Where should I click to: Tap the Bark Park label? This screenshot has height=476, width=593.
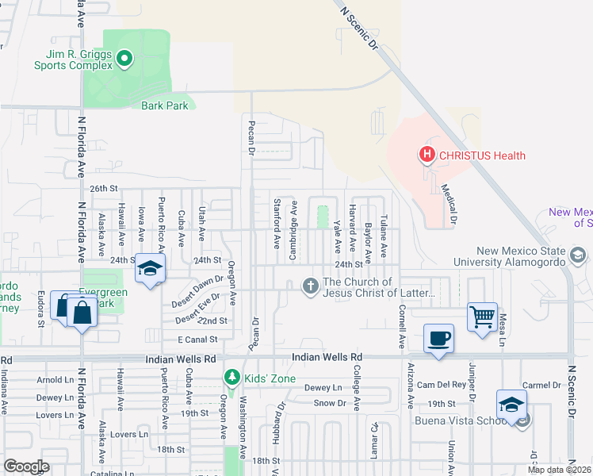pyautogui.click(x=165, y=105)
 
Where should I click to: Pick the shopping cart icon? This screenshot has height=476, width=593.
pyautogui.click(x=482, y=317)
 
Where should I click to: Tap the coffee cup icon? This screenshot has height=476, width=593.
pyautogui.click(x=438, y=339)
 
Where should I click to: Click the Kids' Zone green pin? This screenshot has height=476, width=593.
pyautogui.click(x=232, y=378)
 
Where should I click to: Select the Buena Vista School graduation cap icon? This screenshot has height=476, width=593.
pyautogui.click(x=511, y=405)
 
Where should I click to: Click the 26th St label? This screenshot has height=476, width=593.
pyautogui.click(x=103, y=189)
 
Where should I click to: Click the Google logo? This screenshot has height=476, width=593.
pyautogui.click(x=26, y=466)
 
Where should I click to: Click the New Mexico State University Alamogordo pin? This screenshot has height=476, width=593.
pyautogui.click(x=578, y=255)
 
